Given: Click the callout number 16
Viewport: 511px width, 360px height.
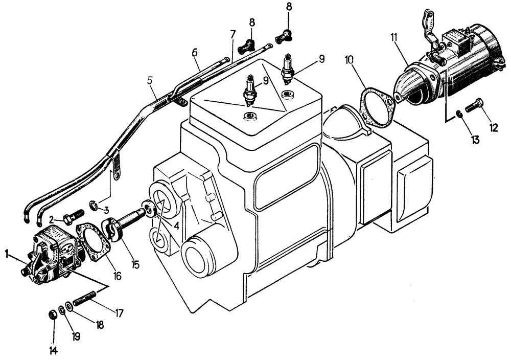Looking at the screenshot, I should point(118,277).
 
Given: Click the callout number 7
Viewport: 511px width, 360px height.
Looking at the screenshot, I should point(233,35).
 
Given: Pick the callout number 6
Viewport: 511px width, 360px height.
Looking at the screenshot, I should point(194,53).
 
